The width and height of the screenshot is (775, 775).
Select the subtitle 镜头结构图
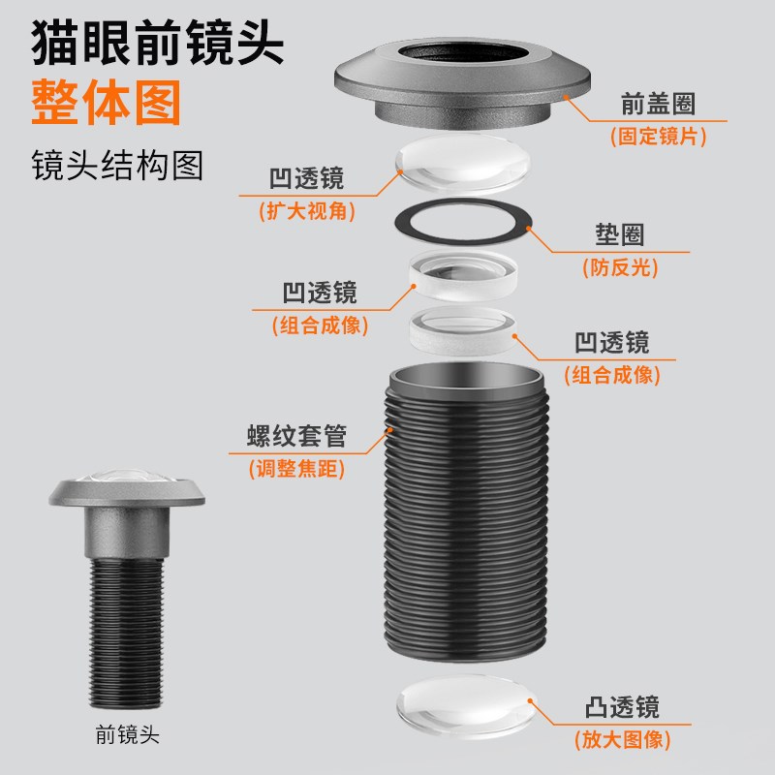[x=117, y=166]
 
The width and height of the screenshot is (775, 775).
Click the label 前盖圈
[x=660, y=104]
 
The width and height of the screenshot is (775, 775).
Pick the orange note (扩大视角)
[x=305, y=212]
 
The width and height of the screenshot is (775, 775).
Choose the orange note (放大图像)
[x=624, y=739]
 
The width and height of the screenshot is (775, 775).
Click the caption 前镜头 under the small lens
[x=127, y=734]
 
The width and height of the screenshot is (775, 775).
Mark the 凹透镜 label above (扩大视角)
[x=306, y=178]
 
